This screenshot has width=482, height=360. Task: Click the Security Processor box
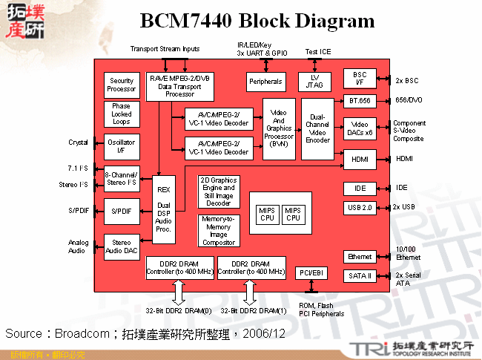pos(121,85)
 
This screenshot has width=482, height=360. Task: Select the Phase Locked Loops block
pos(121,114)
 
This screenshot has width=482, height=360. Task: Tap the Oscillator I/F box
pos(121,146)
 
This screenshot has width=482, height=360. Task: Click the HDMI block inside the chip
pos(360,159)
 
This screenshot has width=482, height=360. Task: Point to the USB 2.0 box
pos(360,207)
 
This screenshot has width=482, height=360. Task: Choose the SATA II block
pos(360,275)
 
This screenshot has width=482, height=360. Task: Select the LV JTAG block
pos(315,82)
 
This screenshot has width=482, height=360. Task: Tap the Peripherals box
pos(265,81)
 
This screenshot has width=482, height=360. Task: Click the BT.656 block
pos(360,100)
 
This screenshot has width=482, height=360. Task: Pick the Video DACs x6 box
pos(360,128)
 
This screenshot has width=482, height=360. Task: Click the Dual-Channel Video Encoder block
pos(317,128)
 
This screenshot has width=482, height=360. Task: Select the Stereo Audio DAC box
pos(121,246)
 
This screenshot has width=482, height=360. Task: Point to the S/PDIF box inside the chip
pos(121,212)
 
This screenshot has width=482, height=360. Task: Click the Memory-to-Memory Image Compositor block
pos(219,231)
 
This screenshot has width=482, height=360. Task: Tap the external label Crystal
pos(78,143)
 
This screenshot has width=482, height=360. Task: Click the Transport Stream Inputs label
pos(165,49)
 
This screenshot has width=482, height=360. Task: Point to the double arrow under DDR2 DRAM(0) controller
pos(178,292)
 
